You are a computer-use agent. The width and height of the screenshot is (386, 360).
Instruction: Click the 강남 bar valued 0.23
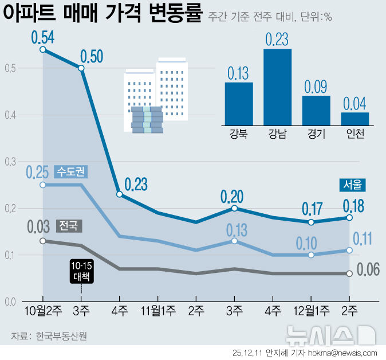coord(277,87)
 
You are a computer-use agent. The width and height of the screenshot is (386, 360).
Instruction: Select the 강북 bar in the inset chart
coord(238,104)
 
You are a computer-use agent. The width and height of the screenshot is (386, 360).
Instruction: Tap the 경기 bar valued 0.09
coord(316,110)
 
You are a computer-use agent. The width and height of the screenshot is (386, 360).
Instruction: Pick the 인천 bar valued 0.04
coord(355,118)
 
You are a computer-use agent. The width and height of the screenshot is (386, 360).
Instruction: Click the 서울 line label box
coord(352,185)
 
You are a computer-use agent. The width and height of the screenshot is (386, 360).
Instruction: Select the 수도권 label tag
coord(73,171)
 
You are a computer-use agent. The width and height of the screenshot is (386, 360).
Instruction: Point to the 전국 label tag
coord(69,226)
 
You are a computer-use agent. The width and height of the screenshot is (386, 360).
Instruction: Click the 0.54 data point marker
coord(43,50)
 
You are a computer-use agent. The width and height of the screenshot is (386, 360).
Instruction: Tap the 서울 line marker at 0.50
coord(81,68)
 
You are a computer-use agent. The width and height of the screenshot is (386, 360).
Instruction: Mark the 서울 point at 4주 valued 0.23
coord(119,194)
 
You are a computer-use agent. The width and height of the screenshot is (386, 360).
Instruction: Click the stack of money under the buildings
coord(147,120)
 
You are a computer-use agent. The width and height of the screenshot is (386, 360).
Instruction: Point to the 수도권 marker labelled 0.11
coord(349,250)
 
